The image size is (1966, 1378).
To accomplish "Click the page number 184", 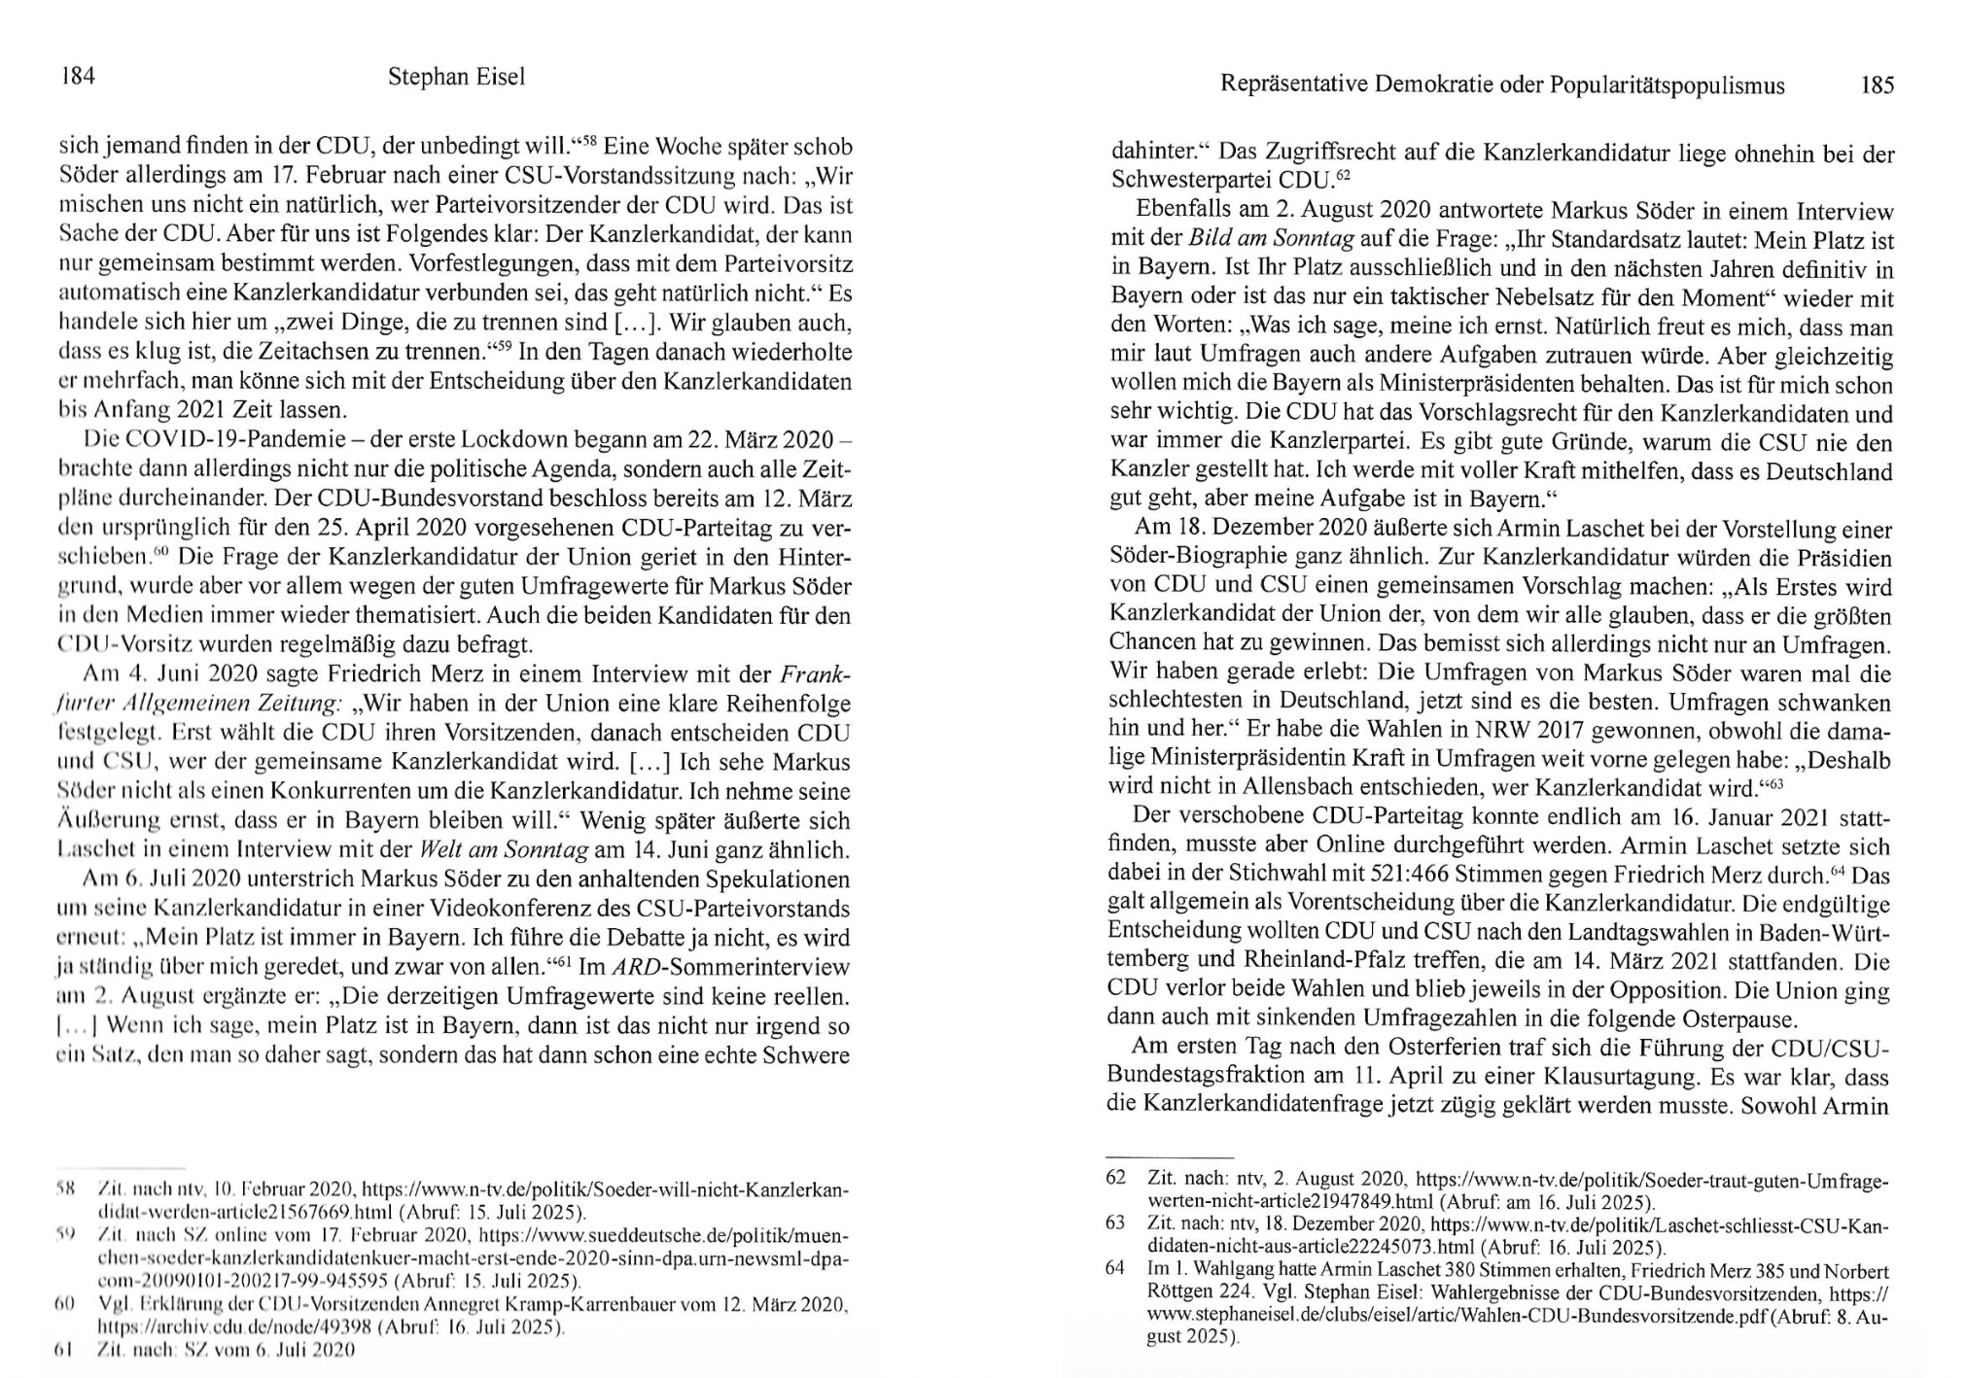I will (x=78, y=76).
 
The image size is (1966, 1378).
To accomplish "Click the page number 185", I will (x=1877, y=85).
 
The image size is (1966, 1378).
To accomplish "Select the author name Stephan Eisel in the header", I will (x=456, y=77).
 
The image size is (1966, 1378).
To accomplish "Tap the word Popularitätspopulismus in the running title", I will (x=1667, y=86).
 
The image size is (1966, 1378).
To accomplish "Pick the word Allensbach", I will (x=1342, y=787).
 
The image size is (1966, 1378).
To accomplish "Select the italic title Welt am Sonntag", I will (x=503, y=850).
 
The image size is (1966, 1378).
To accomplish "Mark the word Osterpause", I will (x=1738, y=1018).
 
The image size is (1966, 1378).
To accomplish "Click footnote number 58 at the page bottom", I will (x=66, y=1189).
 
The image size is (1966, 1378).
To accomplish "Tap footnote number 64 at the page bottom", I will (x=1115, y=1268).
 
